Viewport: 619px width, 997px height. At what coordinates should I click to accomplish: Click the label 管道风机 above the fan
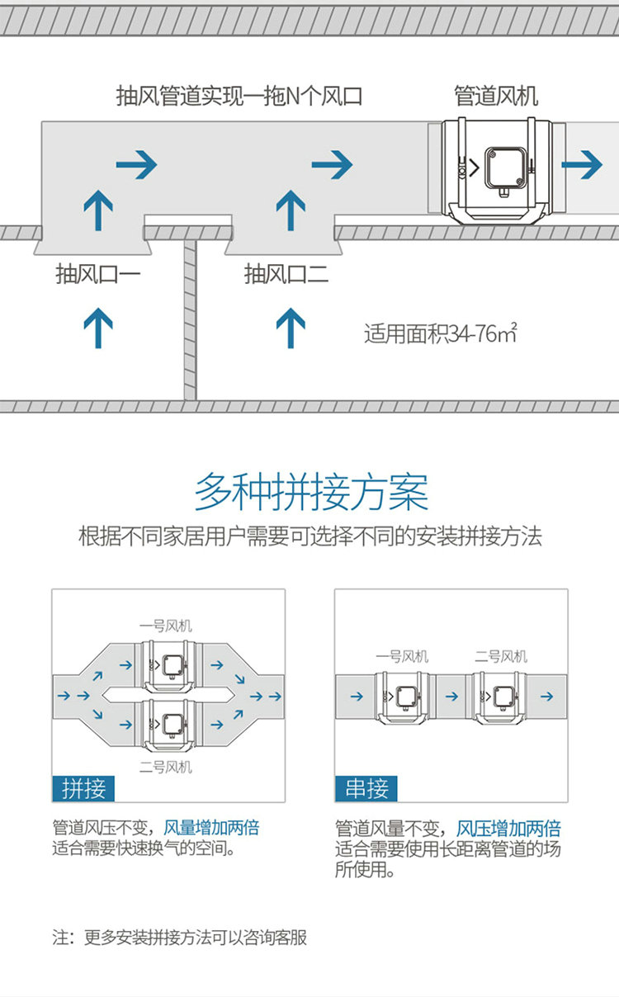[496, 96]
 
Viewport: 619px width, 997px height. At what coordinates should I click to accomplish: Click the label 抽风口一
[98, 273]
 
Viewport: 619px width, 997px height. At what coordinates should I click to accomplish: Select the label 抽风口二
[286, 273]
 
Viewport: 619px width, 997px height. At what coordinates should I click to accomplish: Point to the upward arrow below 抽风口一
[98, 327]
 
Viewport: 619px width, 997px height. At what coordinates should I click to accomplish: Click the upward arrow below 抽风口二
[290, 327]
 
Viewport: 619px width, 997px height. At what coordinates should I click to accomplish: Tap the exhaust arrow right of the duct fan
[587, 165]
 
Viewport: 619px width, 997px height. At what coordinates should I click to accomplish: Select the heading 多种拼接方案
[311, 493]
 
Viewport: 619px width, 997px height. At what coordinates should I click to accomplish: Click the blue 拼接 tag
[84, 788]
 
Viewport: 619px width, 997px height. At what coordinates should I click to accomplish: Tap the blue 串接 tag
[366, 788]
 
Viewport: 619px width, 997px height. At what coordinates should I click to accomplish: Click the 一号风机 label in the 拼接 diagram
[165, 626]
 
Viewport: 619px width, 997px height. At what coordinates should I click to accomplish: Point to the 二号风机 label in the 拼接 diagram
[165, 767]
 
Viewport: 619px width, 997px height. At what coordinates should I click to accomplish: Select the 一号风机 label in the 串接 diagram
[402, 657]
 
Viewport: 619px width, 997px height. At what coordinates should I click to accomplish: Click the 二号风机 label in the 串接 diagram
[501, 657]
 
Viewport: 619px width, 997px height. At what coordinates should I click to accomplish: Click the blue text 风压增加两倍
[508, 829]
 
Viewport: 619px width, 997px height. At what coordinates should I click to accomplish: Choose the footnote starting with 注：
[180, 938]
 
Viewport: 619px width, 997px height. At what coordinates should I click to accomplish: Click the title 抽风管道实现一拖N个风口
[239, 96]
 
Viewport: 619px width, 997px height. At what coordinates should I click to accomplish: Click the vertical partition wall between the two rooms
[190, 322]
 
